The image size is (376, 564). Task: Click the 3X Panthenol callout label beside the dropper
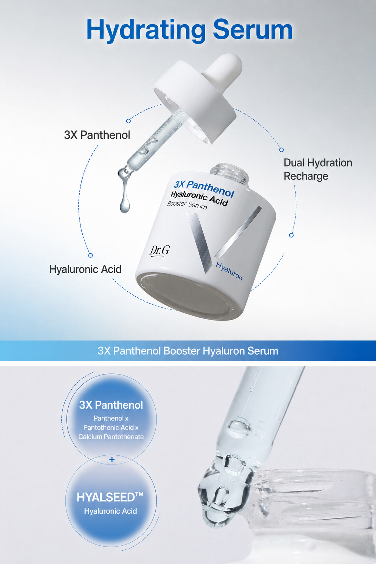point(97,135)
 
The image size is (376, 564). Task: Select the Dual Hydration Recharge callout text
point(318,169)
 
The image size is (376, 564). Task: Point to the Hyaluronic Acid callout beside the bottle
point(86,269)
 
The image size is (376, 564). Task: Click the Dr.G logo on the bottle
point(160,250)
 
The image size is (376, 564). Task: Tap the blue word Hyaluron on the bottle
point(229,271)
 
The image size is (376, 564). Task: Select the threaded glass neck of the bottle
point(229,174)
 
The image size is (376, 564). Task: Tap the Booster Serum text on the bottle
point(187,205)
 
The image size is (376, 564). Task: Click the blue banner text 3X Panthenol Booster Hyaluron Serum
point(188,351)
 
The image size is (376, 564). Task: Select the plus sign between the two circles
point(112,459)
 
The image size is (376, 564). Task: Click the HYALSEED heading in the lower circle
point(110,497)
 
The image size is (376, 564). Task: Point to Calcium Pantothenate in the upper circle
point(111,437)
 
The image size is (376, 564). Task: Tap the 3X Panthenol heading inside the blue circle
point(111,405)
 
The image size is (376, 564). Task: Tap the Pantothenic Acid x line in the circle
point(111,427)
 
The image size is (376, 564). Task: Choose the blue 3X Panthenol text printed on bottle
point(204,188)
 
